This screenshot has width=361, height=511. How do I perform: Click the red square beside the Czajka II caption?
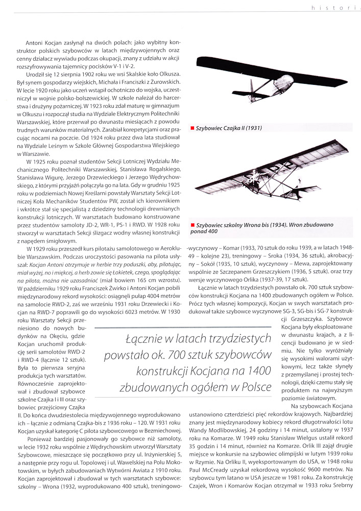coord(192,128)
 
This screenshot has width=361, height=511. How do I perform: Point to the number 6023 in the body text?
coord(122,303)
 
